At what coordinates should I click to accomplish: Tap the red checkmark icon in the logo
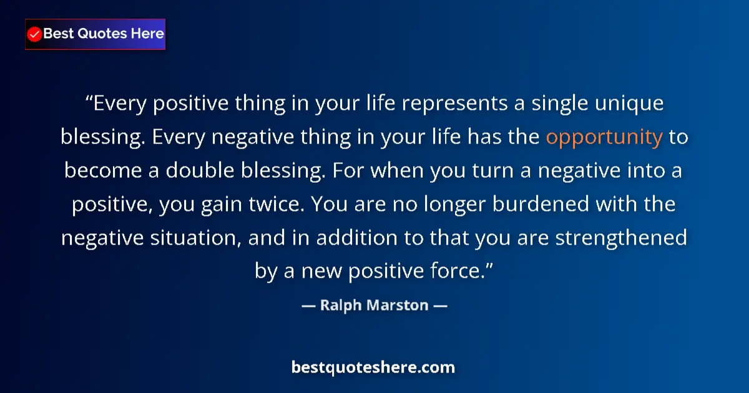pos(35,34)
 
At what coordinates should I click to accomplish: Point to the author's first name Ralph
pos(341,306)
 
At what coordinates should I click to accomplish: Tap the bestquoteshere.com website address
pos(373,367)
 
